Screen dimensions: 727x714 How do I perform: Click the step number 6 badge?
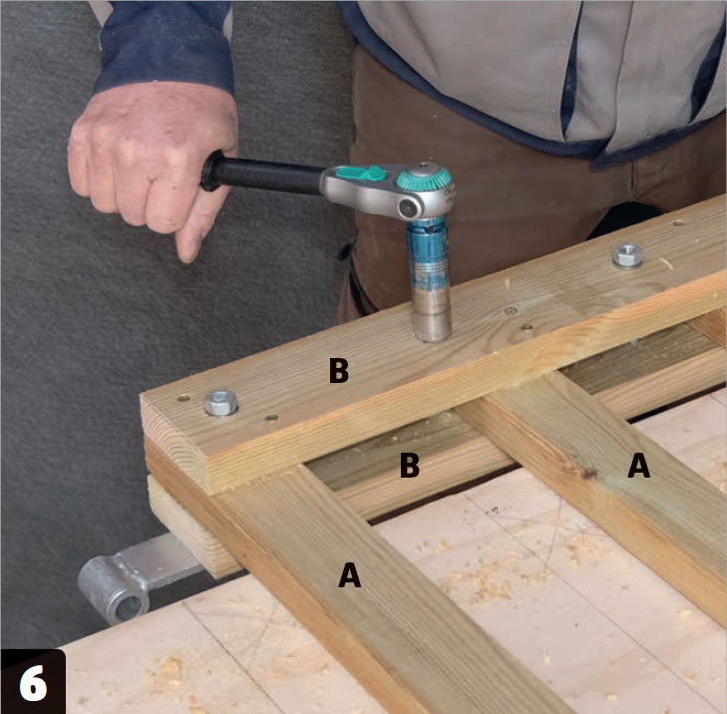tap(33, 681)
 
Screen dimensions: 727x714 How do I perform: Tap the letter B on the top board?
tap(338, 370)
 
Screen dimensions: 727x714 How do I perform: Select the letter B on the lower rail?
tap(410, 465)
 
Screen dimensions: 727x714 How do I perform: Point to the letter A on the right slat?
tap(638, 465)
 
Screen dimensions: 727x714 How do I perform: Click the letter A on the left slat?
tap(350, 574)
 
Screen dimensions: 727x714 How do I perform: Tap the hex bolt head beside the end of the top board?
tap(220, 403)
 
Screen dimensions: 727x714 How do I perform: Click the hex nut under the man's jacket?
tap(628, 255)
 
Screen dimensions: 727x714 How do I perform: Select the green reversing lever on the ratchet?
tap(361, 174)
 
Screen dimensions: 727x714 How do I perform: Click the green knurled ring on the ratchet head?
tap(424, 179)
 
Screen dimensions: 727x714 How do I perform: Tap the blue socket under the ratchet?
tap(428, 253)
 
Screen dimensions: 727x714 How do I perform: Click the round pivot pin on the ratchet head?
tap(408, 208)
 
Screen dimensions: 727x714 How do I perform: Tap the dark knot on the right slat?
tap(589, 474)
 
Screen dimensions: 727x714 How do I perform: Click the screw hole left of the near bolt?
tap(183, 398)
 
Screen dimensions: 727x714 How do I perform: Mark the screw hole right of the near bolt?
tap(271, 417)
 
